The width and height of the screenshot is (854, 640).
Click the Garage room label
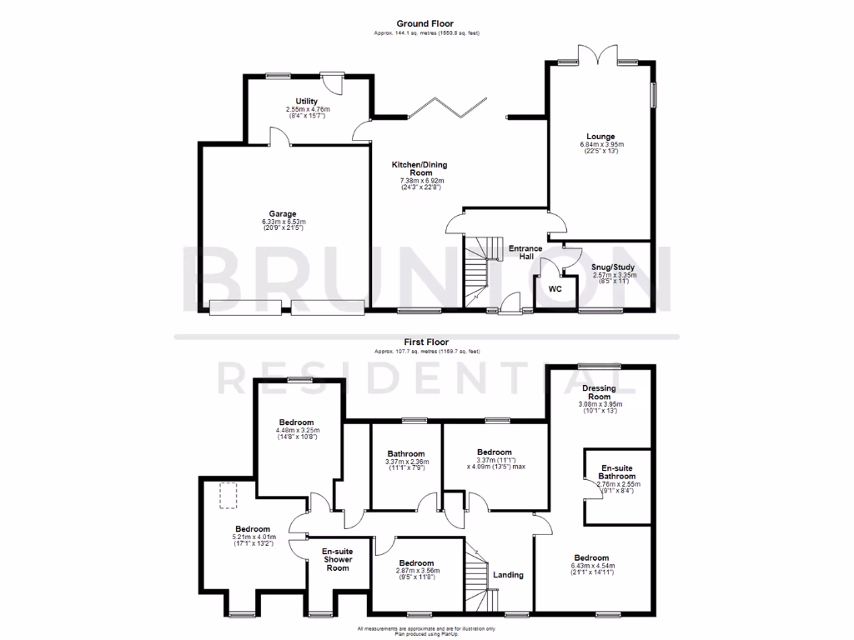tap(283, 214)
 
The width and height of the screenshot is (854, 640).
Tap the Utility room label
tap(308, 101)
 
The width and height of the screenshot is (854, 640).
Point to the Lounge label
tap(600, 137)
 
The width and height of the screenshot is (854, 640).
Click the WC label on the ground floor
tap(555, 288)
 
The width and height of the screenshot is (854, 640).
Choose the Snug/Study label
tap(614, 267)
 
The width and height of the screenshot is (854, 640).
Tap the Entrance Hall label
tap(526, 252)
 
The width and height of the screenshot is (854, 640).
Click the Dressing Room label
tap(599, 392)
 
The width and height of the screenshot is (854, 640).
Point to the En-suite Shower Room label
tap(338, 559)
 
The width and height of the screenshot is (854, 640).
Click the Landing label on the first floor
tap(508, 575)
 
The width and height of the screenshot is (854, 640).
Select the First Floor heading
tap(426, 342)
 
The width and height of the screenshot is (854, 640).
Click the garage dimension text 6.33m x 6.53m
tap(283, 222)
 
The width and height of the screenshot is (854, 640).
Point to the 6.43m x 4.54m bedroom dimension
tap(590, 566)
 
